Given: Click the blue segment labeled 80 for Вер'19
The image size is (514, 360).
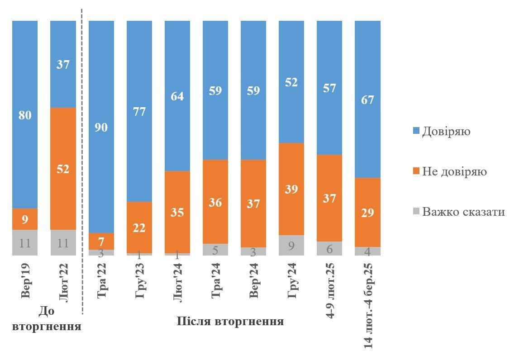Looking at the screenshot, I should tap(25, 115).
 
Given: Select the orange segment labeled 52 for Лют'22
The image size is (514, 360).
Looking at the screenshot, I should tap(63, 169).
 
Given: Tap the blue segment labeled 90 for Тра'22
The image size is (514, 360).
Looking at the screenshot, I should tap(101, 127).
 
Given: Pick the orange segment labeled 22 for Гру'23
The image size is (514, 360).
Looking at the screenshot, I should tap(139, 227).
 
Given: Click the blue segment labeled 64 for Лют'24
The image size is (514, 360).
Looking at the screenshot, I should tap(177, 96).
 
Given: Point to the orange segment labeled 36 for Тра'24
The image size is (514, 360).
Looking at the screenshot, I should tap(215, 202).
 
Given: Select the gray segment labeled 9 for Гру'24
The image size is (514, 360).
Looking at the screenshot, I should tap(291, 245).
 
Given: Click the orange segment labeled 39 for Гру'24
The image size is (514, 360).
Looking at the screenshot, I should tap(291, 189).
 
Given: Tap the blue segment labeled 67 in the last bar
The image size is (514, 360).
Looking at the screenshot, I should tap(367, 99).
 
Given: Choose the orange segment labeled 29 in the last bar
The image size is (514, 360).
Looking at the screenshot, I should tap(367, 212).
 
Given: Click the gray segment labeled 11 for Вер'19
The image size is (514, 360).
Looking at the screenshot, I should tap(25, 243).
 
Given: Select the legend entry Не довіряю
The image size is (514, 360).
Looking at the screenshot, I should tap(454, 172).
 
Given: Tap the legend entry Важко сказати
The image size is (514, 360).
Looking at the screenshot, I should tap(463, 212).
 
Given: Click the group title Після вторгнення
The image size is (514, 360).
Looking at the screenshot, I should tap(230, 322).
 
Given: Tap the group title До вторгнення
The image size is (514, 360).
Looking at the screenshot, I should tap(47, 319).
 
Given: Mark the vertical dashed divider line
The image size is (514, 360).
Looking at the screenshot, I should tap(82, 158).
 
